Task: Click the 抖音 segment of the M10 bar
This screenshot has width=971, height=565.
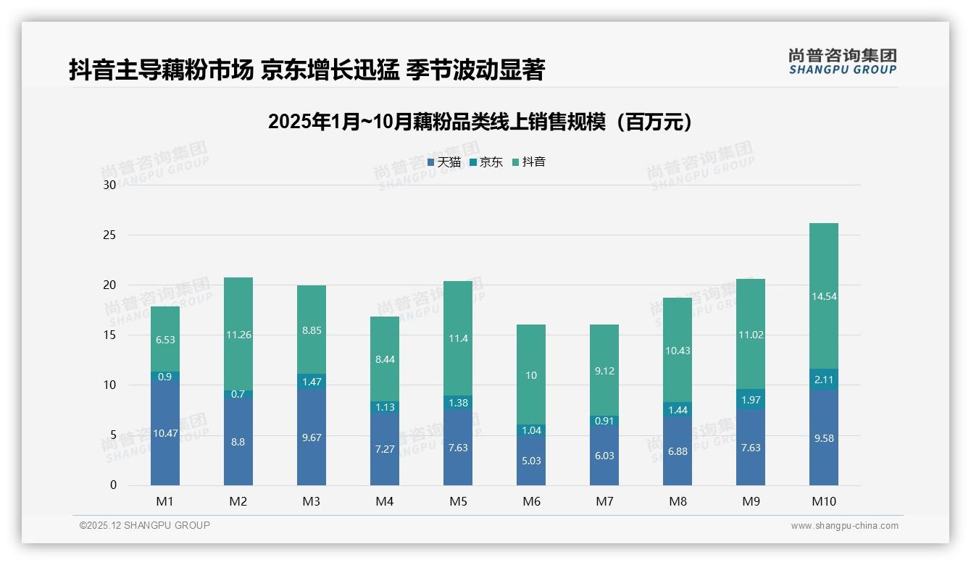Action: click(824, 297)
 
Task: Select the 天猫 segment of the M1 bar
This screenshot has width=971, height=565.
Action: click(165, 433)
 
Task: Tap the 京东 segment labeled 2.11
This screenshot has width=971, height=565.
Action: click(824, 380)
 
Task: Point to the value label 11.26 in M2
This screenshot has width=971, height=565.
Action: click(238, 335)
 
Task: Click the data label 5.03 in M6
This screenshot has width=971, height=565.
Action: click(531, 461)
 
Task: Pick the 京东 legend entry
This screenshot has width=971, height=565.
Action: click(486, 162)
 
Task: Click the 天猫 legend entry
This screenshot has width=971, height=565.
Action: click(444, 162)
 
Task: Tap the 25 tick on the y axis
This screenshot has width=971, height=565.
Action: click(109, 235)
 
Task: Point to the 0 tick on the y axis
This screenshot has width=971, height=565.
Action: click(113, 485)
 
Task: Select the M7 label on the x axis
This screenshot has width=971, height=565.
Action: click(604, 501)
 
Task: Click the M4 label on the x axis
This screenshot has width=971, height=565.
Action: click(385, 501)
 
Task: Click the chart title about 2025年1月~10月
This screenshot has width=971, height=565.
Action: click(480, 122)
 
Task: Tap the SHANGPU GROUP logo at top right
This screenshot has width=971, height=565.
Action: click(843, 62)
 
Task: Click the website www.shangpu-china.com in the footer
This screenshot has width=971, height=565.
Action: click(844, 526)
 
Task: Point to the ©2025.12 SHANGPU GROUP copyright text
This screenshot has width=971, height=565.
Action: click(145, 525)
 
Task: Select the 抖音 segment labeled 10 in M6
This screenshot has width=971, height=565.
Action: click(531, 374)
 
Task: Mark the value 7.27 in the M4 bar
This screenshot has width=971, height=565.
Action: click(385, 449)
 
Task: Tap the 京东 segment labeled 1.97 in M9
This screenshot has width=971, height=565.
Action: click(751, 400)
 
